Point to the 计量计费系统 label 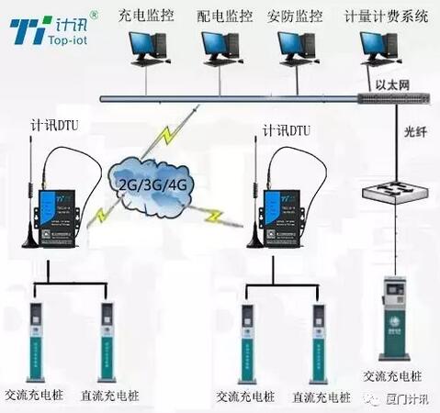tap(385, 16)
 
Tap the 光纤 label tap(416, 130)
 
